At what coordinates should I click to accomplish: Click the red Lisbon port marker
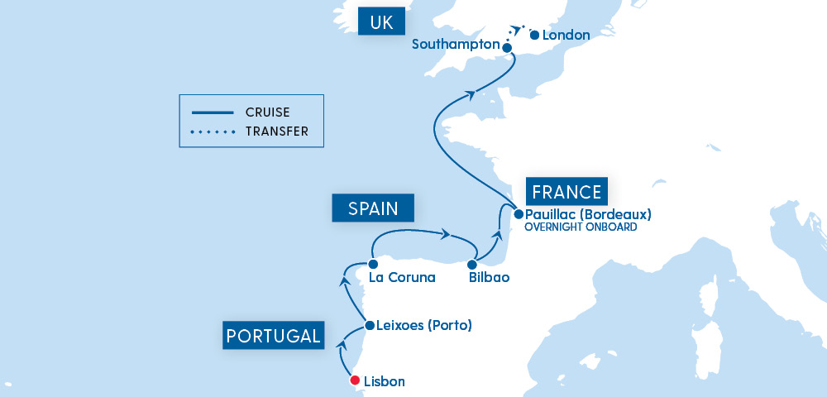pos(355,381)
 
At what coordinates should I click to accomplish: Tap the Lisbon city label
pos(385,382)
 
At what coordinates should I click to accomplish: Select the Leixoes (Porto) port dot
pos(369,326)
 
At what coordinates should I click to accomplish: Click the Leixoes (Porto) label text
pos(423,326)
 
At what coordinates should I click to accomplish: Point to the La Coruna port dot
pos(373,264)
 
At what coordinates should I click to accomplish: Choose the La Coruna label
pos(402,278)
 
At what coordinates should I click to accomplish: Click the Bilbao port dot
pos(472,265)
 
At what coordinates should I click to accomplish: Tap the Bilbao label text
pos(488,278)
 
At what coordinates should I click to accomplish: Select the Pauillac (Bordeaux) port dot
pos(519,213)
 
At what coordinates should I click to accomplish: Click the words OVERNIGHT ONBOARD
pos(581,227)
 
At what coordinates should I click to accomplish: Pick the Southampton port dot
pos(507,48)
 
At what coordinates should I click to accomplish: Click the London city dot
pos(534,36)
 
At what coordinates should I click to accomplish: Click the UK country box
pos(381,22)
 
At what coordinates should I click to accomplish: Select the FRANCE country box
pos(566,192)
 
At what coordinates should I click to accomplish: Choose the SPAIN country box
pos(372,208)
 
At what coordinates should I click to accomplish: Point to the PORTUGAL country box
pos(274,336)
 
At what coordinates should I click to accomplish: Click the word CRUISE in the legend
pos(267,112)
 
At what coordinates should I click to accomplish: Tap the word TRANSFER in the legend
pos(276,132)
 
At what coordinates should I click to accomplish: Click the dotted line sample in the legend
pos(213,132)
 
